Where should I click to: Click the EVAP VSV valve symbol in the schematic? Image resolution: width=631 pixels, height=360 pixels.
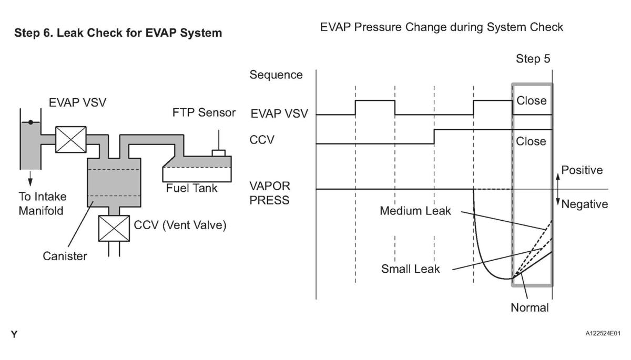tap(70, 139)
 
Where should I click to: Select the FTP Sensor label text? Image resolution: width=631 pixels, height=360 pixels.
tap(204, 113)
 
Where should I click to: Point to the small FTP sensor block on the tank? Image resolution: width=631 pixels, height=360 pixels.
tap(218, 153)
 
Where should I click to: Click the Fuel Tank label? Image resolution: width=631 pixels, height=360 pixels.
tap(191, 188)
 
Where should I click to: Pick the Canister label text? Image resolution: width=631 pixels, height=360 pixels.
tap(66, 256)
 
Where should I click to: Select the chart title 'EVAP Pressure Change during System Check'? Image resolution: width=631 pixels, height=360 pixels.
tap(442, 27)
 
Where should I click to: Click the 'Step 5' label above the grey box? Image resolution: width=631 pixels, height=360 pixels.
tap(533, 59)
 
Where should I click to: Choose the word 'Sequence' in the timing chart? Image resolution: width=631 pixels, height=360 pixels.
tap(276, 75)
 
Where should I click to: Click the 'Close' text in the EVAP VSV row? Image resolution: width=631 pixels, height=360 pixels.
tap(531, 100)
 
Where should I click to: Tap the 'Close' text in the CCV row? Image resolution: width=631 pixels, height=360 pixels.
tap(531, 141)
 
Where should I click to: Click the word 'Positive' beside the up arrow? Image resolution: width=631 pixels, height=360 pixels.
tap(582, 170)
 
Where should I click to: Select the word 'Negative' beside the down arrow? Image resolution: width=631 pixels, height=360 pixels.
tap(584, 204)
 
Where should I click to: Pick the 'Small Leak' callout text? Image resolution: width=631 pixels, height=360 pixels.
tap(411, 269)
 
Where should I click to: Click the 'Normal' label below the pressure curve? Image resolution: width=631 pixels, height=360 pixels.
tap(530, 307)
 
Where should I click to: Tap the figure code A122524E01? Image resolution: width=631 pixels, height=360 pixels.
tap(602, 333)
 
